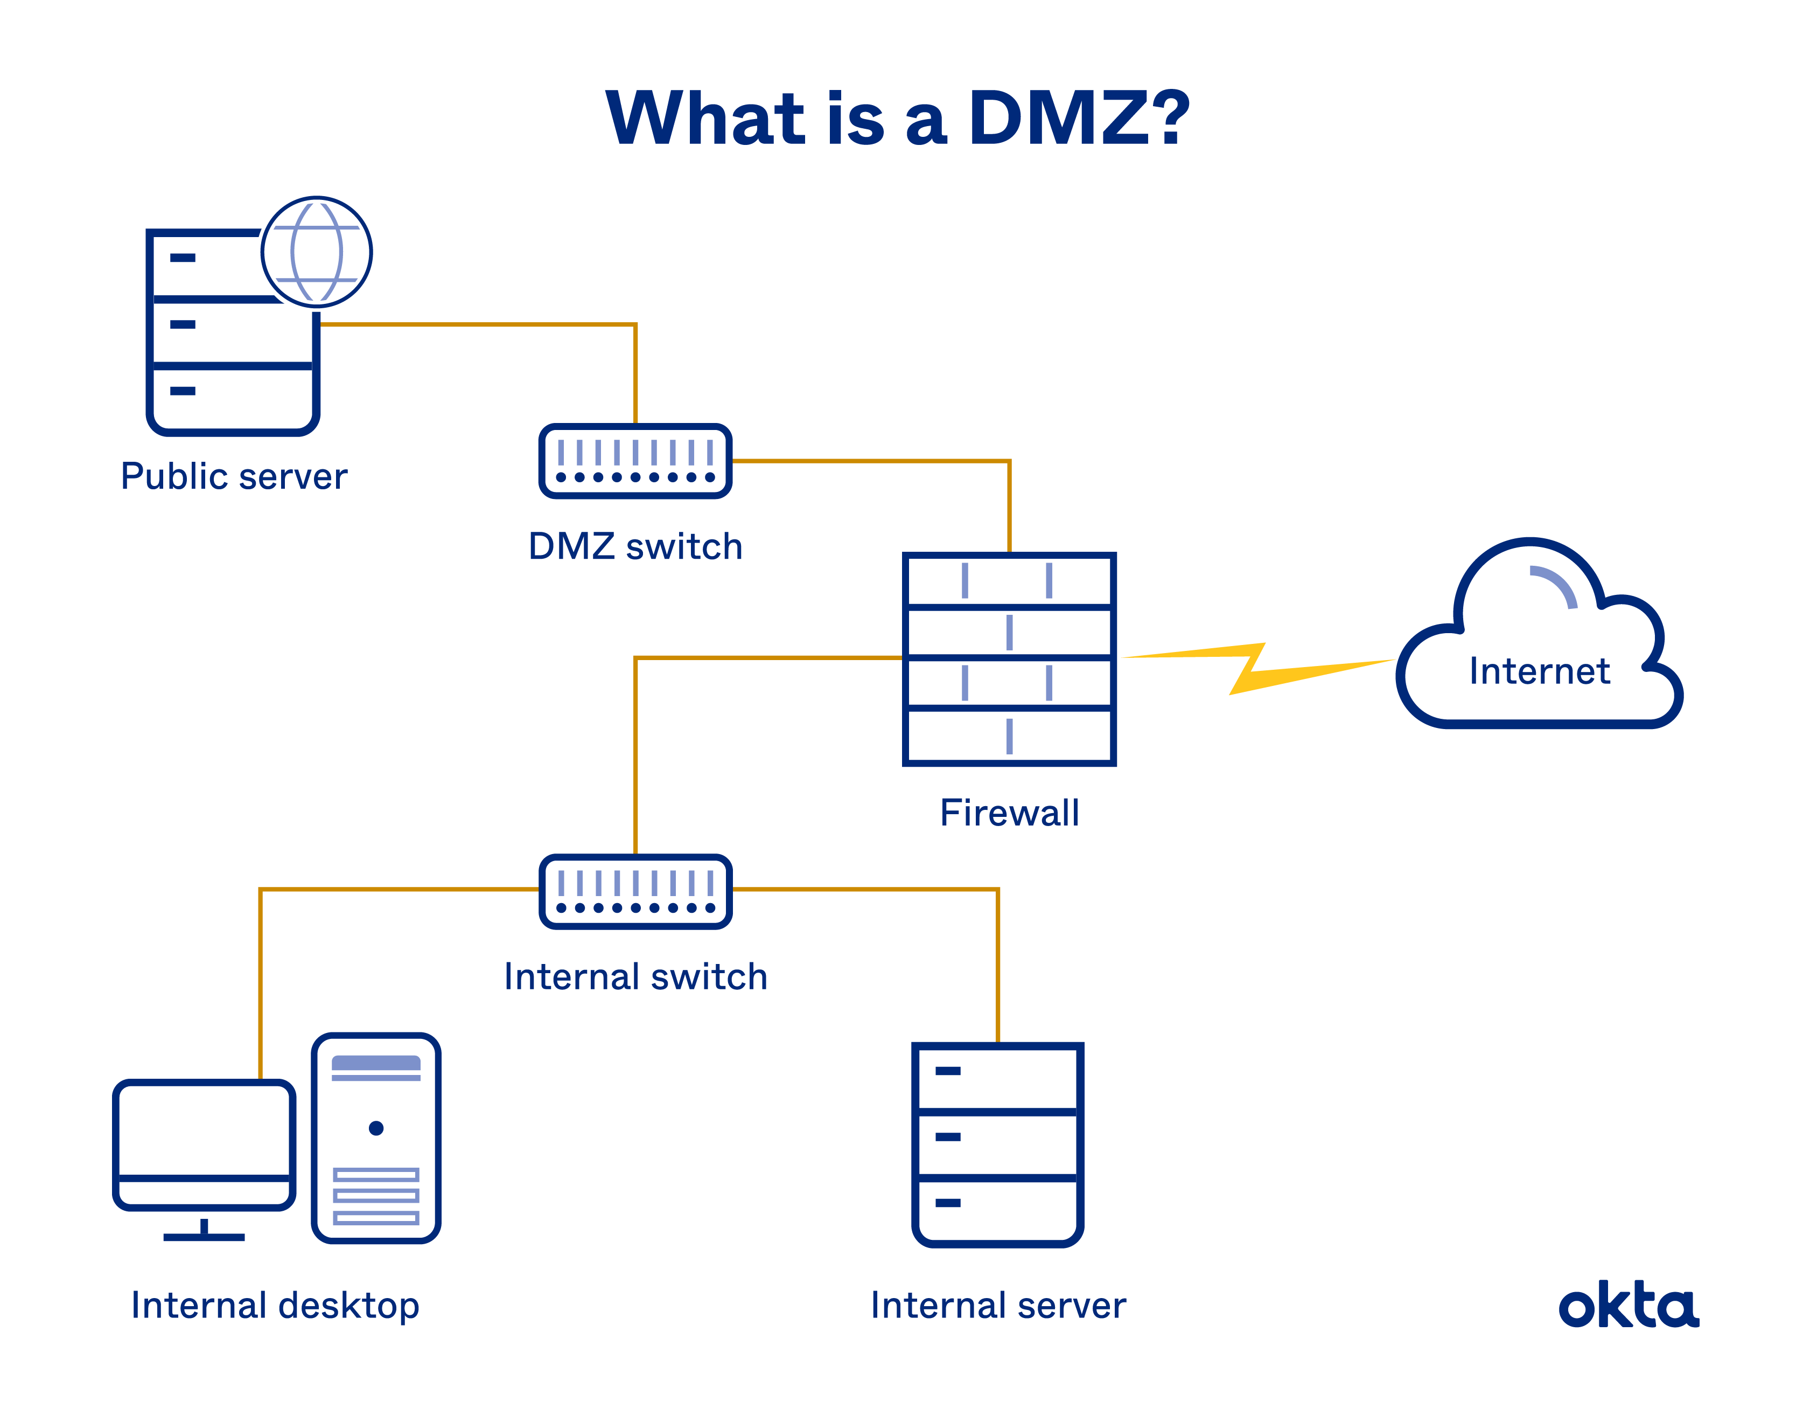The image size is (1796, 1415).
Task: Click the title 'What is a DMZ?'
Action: [898, 119]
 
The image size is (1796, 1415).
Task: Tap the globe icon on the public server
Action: [316, 252]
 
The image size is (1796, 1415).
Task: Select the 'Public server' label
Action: [234, 476]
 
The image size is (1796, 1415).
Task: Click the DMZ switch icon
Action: [635, 461]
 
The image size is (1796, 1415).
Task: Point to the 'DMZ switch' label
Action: [635, 547]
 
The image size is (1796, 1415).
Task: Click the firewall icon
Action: [1009, 658]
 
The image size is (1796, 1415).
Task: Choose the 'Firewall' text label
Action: [1009, 813]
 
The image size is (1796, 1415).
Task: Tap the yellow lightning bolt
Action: [1254, 668]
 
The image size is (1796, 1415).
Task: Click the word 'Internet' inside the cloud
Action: [1539, 671]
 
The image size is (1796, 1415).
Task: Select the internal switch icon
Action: [635, 891]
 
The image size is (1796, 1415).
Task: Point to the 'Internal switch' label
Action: [635, 977]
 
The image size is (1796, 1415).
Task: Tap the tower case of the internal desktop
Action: [376, 1137]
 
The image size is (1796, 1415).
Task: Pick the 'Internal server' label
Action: [998, 1306]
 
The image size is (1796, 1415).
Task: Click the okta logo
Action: [1628, 1307]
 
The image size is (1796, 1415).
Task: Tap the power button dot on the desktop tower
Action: [376, 1127]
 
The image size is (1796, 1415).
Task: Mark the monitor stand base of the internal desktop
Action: [204, 1237]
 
